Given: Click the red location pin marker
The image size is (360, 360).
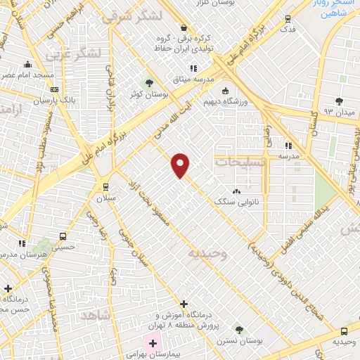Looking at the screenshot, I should coord(181,165).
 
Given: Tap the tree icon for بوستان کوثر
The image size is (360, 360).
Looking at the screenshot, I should coord(148,83).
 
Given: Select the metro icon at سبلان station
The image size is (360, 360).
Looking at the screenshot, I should coord(105,187).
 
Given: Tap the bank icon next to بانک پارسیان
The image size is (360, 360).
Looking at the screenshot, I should coord(55,89).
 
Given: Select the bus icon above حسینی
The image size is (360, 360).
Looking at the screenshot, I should coord(63,237).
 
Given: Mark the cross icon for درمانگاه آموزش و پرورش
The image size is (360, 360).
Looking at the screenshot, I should coord(184,304).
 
